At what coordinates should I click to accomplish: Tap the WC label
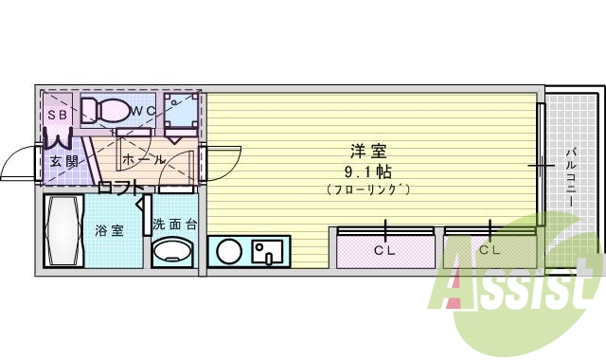[144, 112]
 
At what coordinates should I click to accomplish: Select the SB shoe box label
[57, 114]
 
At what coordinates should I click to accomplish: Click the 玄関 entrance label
[64, 160]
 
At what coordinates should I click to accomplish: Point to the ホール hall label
[143, 159]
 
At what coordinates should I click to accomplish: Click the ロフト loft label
[119, 186]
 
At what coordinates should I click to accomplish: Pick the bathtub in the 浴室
[66, 230]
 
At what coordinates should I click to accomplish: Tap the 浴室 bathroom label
[109, 229]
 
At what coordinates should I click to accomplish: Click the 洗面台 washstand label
[174, 225]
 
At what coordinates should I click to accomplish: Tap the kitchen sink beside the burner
[269, 252]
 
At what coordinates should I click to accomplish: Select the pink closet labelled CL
[384, 250]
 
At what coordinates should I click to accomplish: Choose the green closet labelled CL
[490, 250]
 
